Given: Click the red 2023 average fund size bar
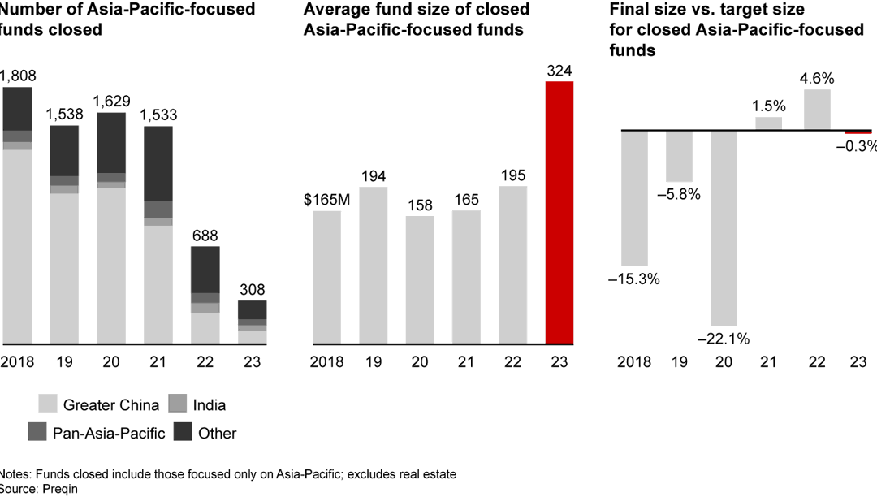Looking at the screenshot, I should point(559,213).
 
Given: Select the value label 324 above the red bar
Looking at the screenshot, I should point(559,71).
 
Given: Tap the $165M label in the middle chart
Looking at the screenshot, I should point(327,199).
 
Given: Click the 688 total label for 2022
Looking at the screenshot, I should point(205,236).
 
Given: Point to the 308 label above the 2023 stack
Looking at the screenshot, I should point(252,290).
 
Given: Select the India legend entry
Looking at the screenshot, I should point(198,404).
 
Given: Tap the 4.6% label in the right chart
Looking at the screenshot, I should point(817,79).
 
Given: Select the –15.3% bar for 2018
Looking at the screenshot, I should point(634,197).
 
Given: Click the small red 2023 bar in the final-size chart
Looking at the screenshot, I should point(858,132).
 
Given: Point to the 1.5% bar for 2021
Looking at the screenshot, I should point(769,123).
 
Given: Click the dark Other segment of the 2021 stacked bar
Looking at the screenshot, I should point(158,162).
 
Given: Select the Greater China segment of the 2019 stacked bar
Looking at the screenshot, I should point(64,268).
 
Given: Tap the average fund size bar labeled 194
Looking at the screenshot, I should point(373,266).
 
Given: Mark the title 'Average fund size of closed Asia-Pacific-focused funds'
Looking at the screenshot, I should point(417,20).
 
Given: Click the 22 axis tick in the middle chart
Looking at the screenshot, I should point(512,362).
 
